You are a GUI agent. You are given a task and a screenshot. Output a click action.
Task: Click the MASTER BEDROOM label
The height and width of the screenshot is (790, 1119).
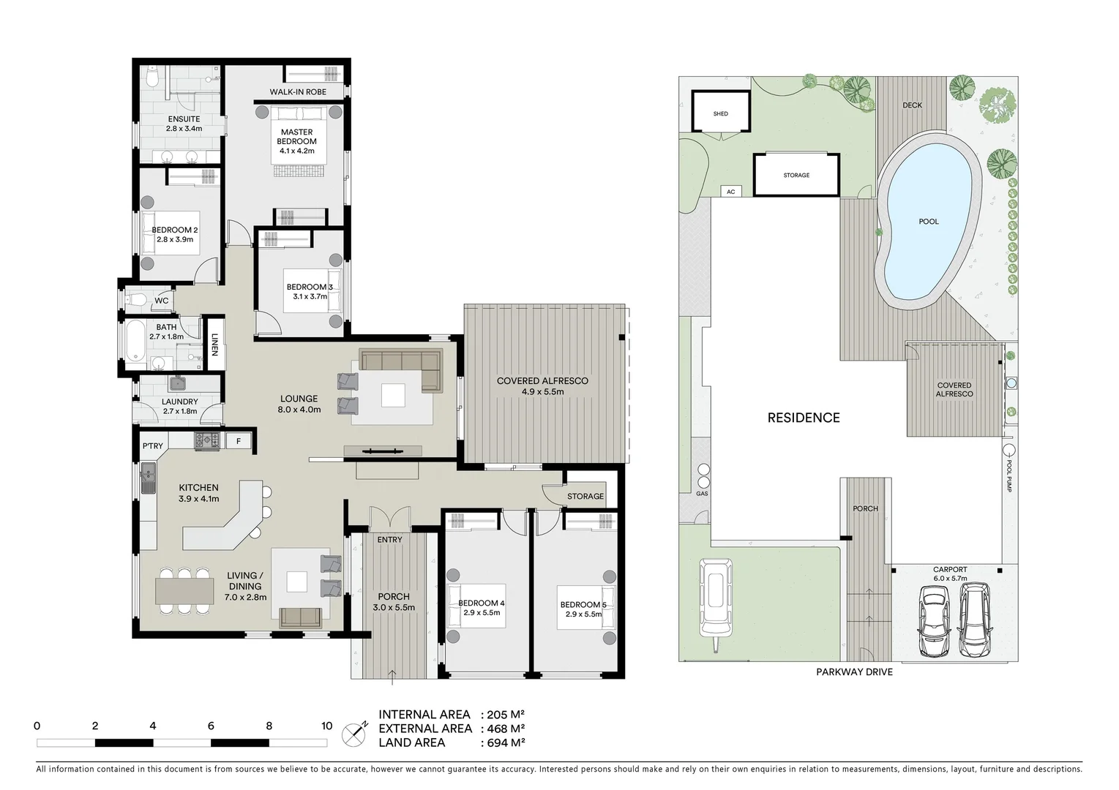pos(296,137)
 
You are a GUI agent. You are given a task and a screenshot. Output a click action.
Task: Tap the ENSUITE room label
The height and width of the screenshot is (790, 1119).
pos(184,119)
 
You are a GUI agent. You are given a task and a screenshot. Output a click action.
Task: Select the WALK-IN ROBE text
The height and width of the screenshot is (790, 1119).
pos(298,92)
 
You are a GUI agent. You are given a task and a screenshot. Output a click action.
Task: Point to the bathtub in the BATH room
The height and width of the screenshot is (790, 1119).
pos(135,345)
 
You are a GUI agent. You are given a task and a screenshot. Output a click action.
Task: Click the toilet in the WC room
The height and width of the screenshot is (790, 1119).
pos(136,299)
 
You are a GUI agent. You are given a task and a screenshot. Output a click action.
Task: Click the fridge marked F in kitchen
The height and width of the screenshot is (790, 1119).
pos(239,441)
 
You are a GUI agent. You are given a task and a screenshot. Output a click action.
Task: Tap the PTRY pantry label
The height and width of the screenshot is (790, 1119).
pos(152,446)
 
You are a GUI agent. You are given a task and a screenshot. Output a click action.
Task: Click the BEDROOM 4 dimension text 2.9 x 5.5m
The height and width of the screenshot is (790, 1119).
pos(482,613)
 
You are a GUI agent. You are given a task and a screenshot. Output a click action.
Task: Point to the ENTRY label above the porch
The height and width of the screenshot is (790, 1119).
pos(389,540)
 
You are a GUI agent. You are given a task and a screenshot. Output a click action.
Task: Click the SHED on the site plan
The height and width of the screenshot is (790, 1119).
pos(721,113)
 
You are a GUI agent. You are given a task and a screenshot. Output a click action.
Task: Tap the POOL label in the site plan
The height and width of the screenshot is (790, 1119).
pos(929,222)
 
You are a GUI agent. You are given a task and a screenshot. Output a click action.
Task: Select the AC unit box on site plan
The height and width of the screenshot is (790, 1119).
pos(730,192)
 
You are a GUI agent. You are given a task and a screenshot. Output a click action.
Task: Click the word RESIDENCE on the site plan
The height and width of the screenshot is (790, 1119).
pos(803,418)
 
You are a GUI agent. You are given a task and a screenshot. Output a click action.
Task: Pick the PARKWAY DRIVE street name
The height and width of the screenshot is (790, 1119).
pos(854,671)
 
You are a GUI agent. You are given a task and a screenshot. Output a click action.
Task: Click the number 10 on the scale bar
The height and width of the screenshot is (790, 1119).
pos(326,726)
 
